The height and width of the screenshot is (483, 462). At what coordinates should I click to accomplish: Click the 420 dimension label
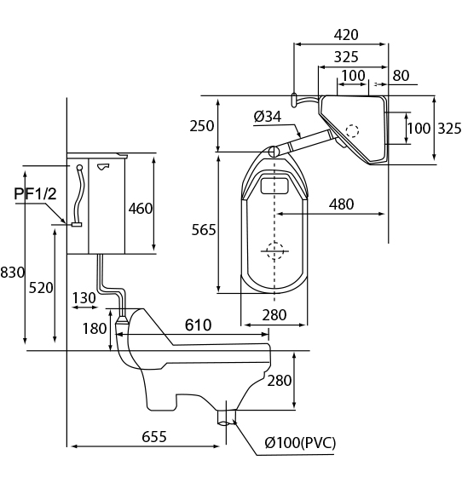pos(346,34)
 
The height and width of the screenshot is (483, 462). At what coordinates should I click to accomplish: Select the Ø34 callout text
pos(268,117)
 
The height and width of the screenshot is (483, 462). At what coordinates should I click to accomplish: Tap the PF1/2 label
pos(36,194)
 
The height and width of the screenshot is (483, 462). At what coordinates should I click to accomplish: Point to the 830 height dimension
pos(12,273)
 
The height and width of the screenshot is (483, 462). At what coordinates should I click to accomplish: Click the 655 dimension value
pos(154,436)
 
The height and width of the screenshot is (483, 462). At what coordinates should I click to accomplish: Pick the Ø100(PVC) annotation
pos(300,443)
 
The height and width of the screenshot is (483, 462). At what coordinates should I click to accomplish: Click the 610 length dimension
pos(198,325)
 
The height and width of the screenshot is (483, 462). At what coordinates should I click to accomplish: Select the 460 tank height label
pos(141,209)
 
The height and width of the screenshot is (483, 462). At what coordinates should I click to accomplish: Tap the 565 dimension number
pos(204,230)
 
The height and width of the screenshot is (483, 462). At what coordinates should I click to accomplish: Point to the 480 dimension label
pos(341,204)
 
